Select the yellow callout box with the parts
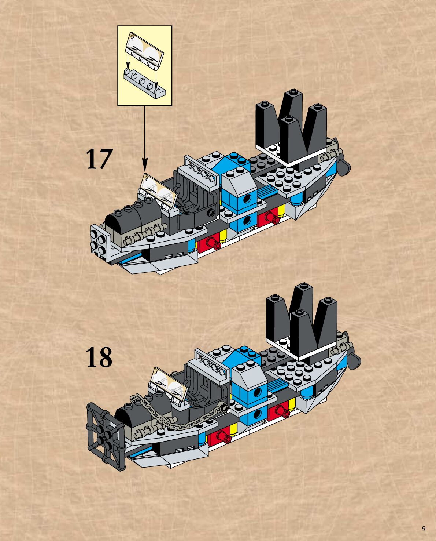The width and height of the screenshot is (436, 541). coord(145,65)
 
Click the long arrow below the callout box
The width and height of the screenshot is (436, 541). coord(145,136)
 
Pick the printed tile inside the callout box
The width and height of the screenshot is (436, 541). coord(144,51)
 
